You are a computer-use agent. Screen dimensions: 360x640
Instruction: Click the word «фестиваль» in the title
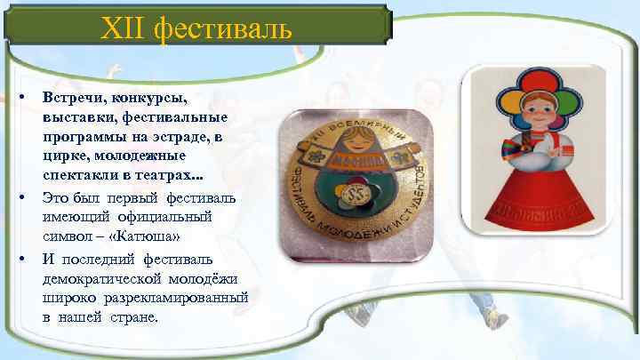point(222,33)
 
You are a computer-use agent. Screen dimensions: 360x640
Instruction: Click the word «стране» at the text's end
point(132,316)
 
